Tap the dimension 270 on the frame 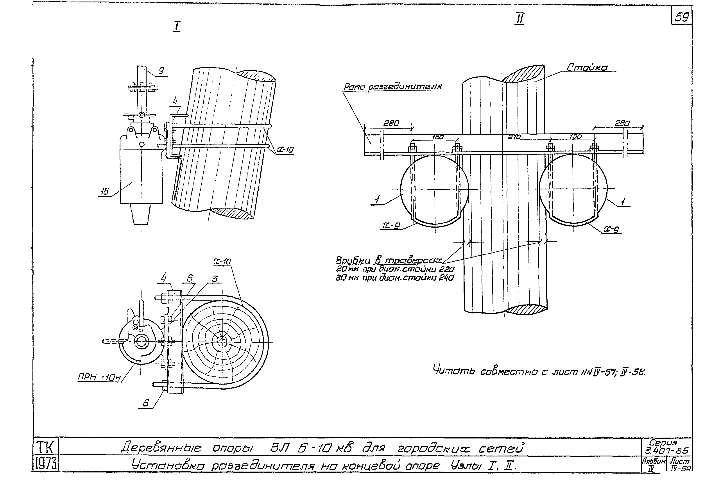pos(514,137)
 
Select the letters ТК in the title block pos(45,448)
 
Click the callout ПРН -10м pos(99,378)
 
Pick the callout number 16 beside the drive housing pos(105,192)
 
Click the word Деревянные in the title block pos(161,448)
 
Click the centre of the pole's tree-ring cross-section pos(222,341)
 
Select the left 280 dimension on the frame pos(391,123)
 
